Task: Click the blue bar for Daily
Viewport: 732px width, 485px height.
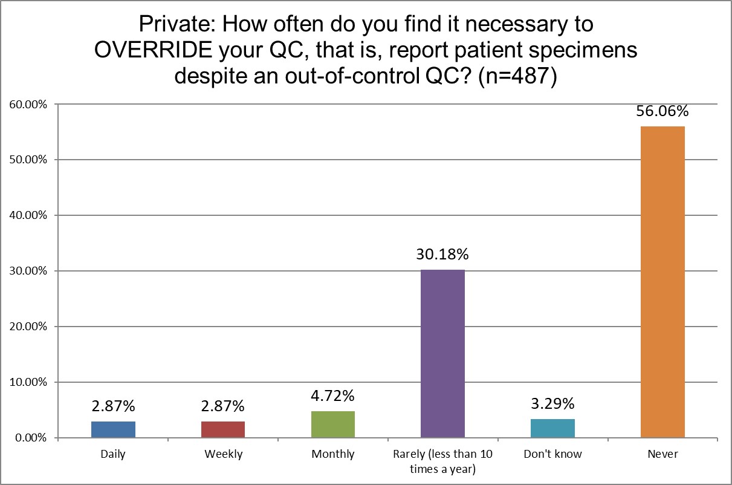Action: pos(114,429)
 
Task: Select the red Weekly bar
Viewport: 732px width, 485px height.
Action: pos(223,429)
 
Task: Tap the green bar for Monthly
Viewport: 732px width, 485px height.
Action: pos(333,425)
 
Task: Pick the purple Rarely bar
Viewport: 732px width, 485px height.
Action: pos(442,353)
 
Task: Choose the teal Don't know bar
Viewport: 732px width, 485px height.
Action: pos(552,428)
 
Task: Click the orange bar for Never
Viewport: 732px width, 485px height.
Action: pos(662,282)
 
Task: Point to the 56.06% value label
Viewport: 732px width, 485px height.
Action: pos(662,112)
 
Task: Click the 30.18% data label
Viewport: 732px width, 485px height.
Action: pos(442,255)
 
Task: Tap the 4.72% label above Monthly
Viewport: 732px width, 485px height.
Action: pos(333,397)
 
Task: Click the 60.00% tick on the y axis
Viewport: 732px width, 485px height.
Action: pos(28,105)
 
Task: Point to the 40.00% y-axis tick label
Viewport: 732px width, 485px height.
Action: pos(28,216)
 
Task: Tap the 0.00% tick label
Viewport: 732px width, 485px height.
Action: pos(31,438)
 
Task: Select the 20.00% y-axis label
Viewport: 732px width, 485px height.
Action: pos(28,327)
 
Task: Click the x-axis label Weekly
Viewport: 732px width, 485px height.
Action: pos(223,454)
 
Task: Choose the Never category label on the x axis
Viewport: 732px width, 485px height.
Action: pos(662,454)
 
